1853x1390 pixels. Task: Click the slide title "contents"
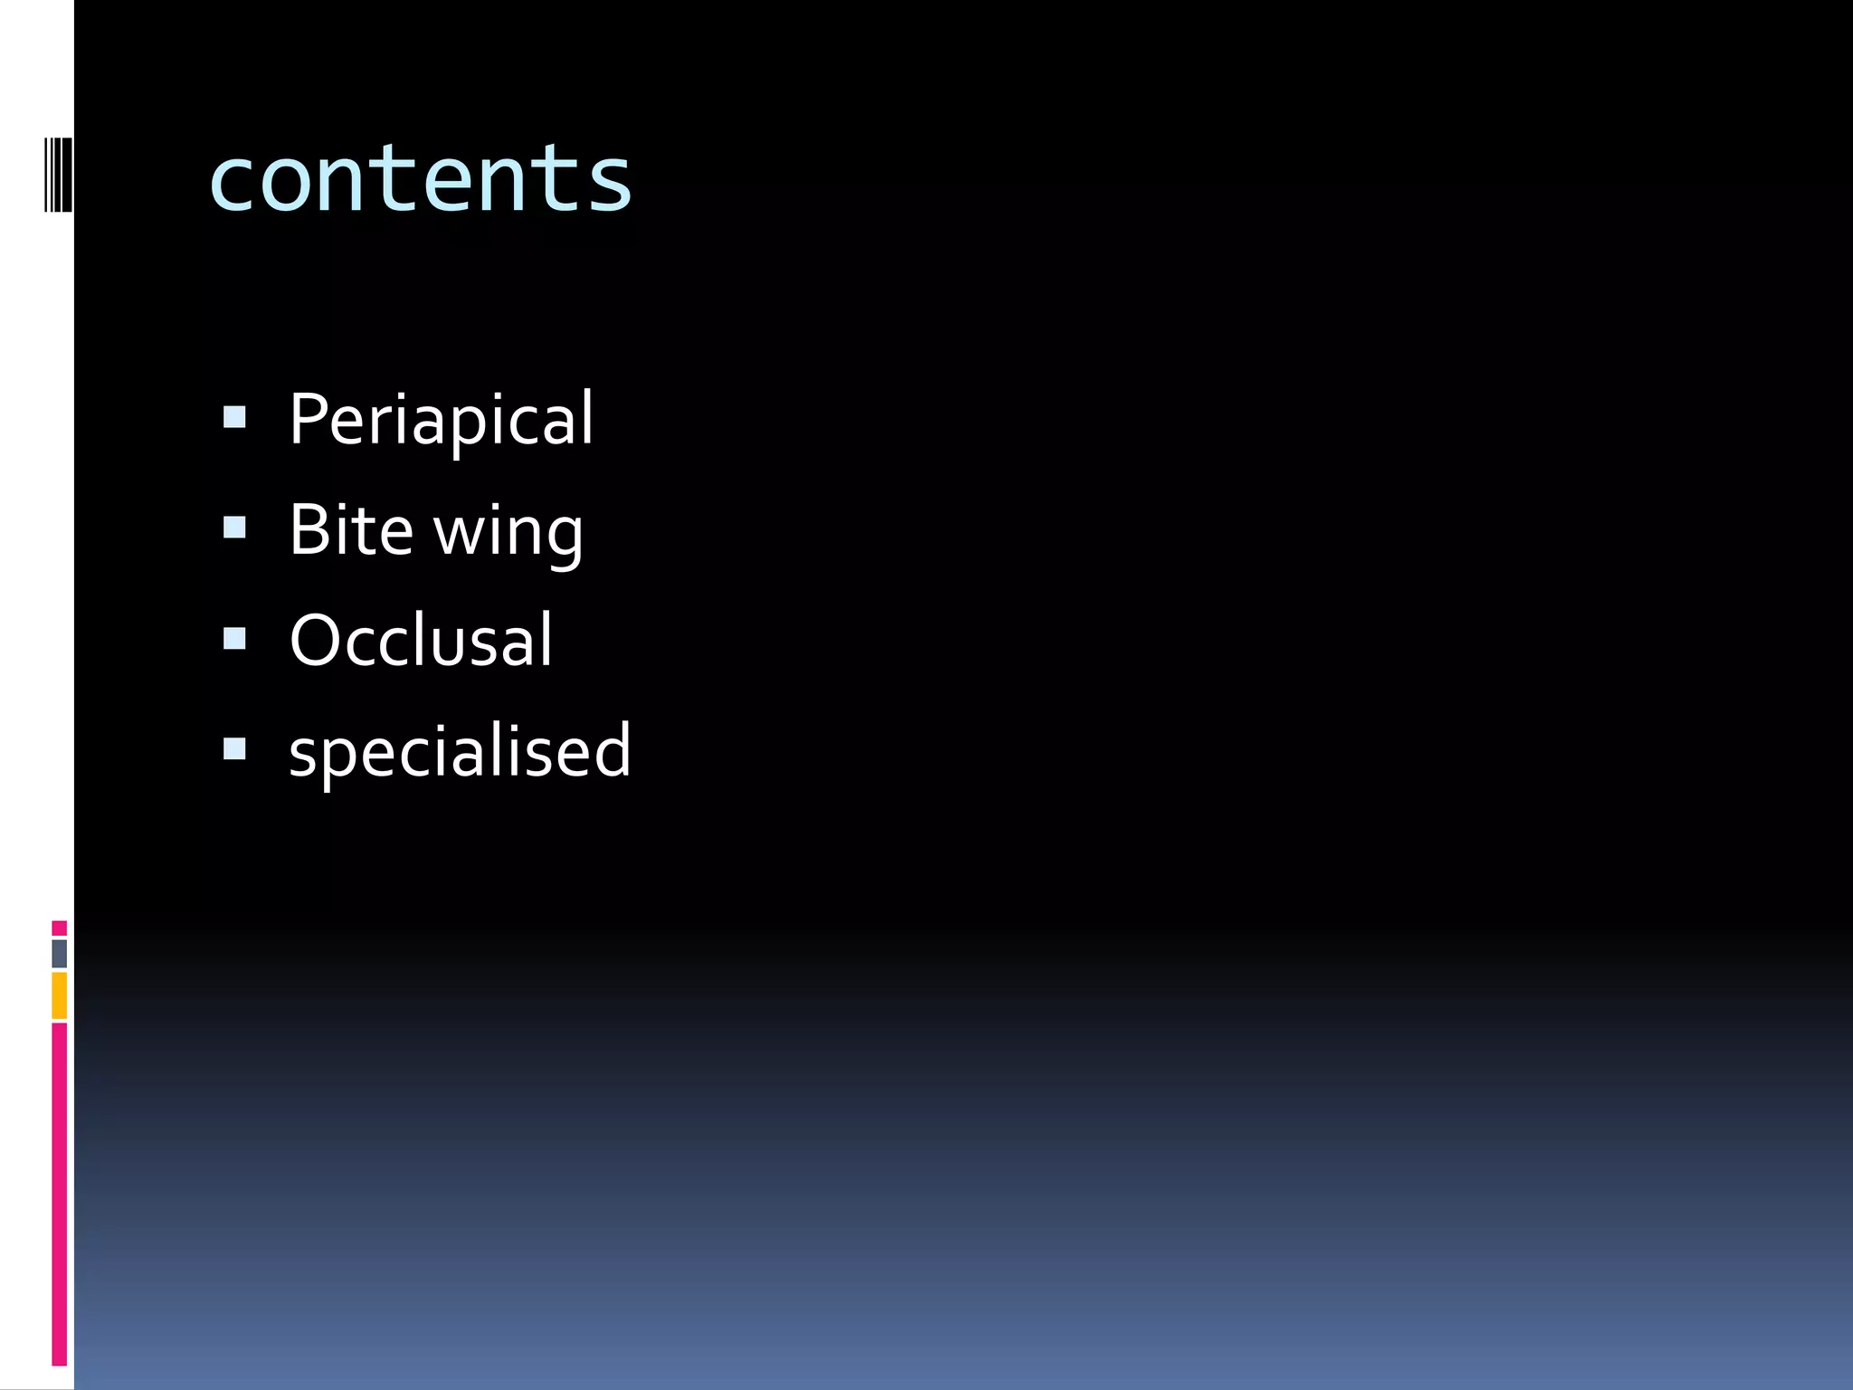click(x=420, y=178)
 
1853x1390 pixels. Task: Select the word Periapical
click(x=441, y=419)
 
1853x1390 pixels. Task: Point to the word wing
click(x=508, y=534)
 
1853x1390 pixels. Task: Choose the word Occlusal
click(x=421, y=641)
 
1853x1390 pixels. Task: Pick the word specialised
click(x=460, y=752)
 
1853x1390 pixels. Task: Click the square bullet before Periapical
click(x=234, y=417)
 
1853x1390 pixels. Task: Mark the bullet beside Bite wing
click(x=234, y=528)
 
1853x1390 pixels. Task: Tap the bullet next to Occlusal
click(x=234, y=639)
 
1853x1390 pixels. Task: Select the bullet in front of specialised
click(x=234, y=749)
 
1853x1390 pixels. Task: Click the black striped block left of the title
click(x=59, y=175)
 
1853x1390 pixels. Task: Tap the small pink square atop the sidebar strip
click(x=59, y=928)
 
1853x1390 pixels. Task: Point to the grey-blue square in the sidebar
click(x=59, y=953)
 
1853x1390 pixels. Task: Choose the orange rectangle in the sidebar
click(x=59, y=995)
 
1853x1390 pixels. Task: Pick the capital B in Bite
click(x=309, y=530)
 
